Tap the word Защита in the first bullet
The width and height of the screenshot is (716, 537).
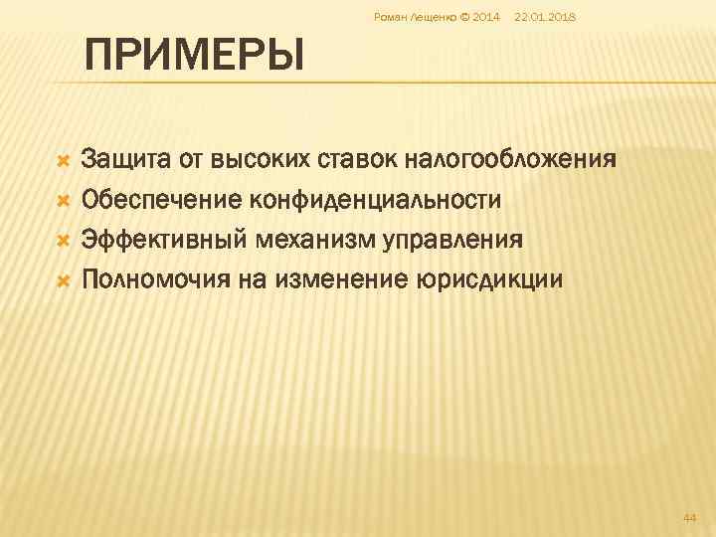[x=125, y=159]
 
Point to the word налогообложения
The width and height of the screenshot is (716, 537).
[x=515, y=159]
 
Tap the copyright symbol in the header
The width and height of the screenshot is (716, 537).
[x=465, y=17]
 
